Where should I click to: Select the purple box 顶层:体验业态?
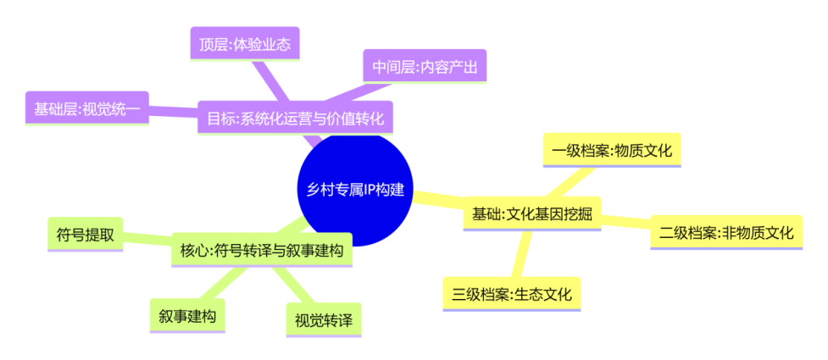244,43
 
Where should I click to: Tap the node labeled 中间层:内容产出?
425,65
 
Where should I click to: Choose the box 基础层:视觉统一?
86,108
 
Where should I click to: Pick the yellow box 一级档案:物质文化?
611,151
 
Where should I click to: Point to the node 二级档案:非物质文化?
726,232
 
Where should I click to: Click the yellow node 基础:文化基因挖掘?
531,215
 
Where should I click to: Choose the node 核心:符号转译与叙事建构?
261,250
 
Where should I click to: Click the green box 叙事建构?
186,317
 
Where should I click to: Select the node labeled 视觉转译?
323,320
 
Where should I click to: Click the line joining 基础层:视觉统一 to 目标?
174,114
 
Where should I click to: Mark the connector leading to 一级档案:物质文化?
575,181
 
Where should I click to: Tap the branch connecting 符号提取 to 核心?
147,241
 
